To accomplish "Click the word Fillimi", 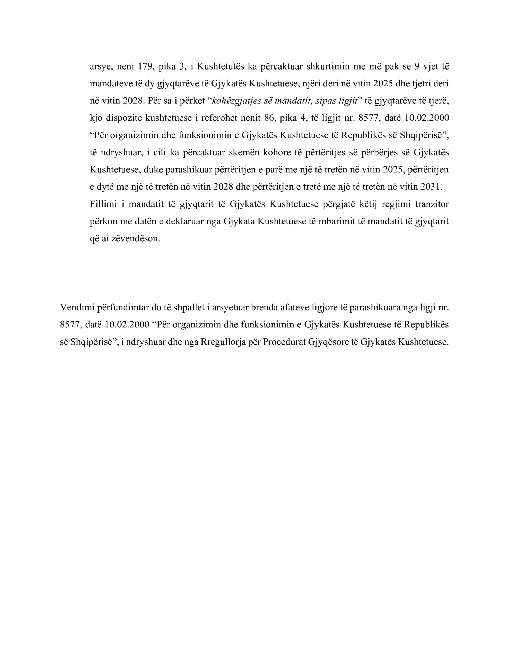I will point(103,204).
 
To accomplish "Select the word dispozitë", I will point(124,118).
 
